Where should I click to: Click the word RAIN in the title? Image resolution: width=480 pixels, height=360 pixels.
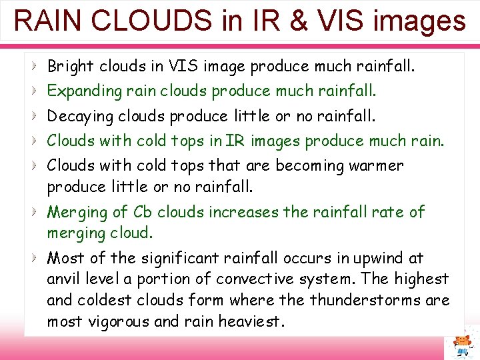coord(46,21)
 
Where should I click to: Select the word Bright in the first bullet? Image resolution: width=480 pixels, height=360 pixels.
coord(71,66)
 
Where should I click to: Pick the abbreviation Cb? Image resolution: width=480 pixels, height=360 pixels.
coord(142,212)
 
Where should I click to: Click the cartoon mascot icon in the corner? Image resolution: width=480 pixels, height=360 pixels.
coord(461,343)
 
